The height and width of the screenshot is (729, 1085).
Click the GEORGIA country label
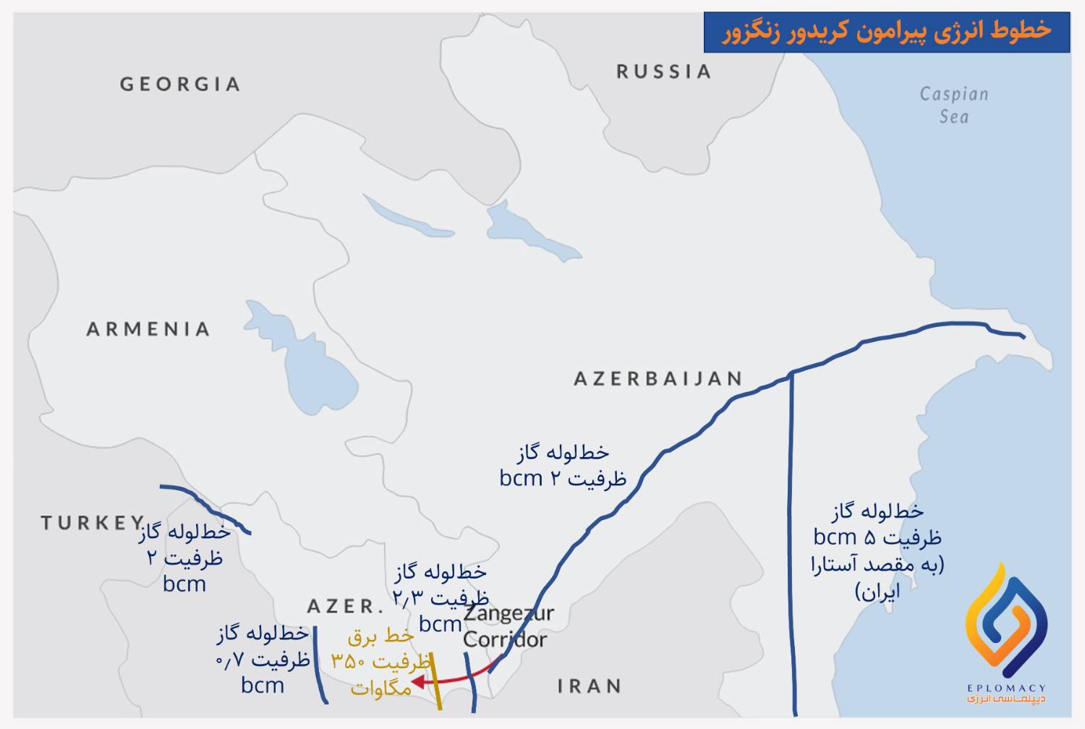[x=180, y=84]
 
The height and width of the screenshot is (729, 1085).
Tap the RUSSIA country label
[x=663, y=71]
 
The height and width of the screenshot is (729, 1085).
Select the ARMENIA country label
[x=148, y=329]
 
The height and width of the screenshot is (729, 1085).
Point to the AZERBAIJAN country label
[x=658, y=378]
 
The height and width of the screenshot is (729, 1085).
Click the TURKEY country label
[x=92, y=522]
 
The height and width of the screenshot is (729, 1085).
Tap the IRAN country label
[x=590, y=685]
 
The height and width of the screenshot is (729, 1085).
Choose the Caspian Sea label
[x=953, y=105]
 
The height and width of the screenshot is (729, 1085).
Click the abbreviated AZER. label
[x=344, y=605]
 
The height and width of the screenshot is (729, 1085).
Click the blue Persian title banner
[x=886, y=32]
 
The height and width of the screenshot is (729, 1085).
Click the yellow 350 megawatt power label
[x=380, y=662]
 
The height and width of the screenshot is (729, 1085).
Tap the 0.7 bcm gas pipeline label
[x=263, y=659]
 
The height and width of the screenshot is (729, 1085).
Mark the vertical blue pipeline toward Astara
[x=793, y=542]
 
